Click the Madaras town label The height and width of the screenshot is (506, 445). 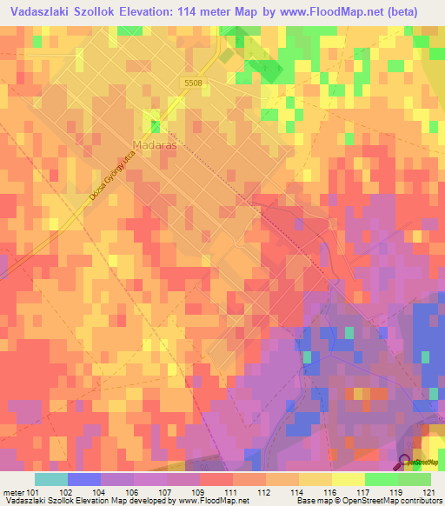click(156, 145)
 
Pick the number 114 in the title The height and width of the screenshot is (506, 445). click(192, 12)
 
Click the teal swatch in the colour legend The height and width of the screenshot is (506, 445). click(51, 479)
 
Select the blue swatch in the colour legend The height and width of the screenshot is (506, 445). click(84, 479)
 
